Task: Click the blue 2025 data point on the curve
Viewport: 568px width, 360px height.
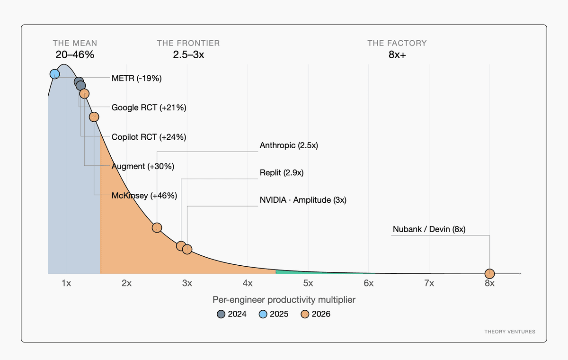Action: (x=55, y=74)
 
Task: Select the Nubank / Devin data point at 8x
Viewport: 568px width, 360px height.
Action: (x=489, y=274)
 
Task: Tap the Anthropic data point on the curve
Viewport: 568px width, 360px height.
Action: (x=157, y=227)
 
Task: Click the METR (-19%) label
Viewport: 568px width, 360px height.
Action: (x=136, y=78)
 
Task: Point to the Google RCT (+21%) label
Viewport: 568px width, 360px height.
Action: (x=149, y=108)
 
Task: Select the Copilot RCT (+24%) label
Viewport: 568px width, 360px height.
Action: (x=149, y=137)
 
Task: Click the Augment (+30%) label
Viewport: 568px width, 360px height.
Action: (x=143, y=166)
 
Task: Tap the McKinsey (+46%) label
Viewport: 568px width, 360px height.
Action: (x=144, y=196)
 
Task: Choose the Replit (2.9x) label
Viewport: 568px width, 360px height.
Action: (x=282, y=173)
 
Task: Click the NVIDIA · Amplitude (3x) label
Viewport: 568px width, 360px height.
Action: (x=303, y=200)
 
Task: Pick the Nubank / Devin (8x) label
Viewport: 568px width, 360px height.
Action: (x=429, y=229)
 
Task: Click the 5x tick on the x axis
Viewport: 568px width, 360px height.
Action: (x=308, y=283)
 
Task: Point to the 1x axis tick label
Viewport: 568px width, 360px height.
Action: (x=66, y=283)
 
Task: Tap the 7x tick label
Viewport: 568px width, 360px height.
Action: (x=429, y=283)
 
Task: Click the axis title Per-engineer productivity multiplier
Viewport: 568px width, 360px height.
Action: (x=284, y=300)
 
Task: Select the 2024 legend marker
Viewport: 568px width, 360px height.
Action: (x=221, y=314)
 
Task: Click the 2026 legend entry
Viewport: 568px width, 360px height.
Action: (x=315, y=314)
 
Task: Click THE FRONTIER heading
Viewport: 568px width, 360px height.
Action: (x=188, y=43)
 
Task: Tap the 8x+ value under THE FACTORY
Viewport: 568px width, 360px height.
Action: (x=397, y=55)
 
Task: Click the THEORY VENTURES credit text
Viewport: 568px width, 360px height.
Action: (x=510, y=332)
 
